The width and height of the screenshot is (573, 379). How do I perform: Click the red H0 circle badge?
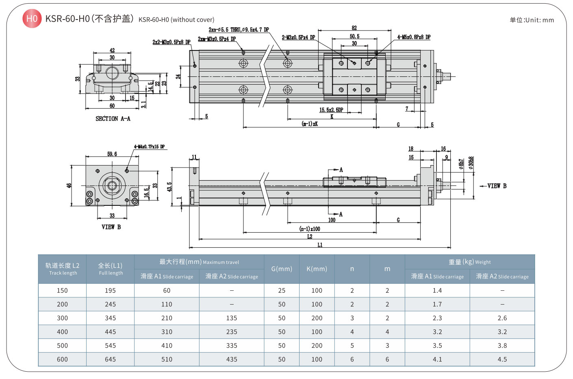point(32,19)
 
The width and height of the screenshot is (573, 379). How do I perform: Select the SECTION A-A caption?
point(113,119)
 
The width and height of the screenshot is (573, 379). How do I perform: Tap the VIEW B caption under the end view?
point(111,227)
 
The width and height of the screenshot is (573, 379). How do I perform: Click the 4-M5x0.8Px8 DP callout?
point(414,37)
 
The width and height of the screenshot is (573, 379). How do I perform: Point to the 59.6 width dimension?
point(112,154)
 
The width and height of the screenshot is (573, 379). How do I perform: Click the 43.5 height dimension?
point(169,187)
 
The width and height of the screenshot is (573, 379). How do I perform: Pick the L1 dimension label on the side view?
point(320,245)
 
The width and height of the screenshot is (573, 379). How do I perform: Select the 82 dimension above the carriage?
point(354,28)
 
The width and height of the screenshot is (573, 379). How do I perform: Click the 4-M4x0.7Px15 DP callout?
point(150,147)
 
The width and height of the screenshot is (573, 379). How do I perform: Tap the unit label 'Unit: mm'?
point(532,20)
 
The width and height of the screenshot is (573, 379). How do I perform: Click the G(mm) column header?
point(282,269)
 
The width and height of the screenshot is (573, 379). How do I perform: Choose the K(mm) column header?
point(317,269)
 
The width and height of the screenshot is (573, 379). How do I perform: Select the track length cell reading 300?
point(62,318)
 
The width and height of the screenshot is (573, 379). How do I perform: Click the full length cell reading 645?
point(110,359)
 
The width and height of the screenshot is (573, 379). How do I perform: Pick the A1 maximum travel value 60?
point(167,291)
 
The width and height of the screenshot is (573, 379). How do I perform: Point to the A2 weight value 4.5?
point(502,359)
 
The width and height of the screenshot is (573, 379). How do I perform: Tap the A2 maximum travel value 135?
point(231,318)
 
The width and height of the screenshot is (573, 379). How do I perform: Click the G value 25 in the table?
point(282,291)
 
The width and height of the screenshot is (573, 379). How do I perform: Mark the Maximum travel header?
point(199,262)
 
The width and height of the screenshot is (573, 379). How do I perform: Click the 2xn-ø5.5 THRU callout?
point(239,30)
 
